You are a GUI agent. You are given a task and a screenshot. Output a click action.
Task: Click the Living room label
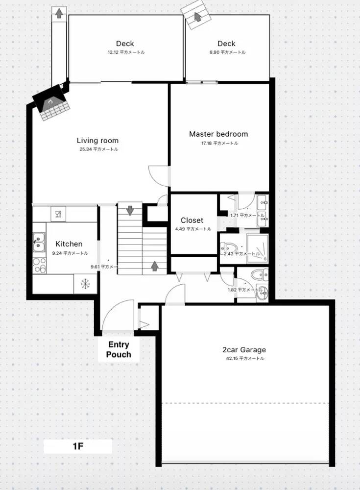coord(97,141)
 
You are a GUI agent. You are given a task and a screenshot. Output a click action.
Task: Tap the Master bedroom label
coord(218,134)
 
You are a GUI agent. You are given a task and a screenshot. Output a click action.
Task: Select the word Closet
coord(192,220)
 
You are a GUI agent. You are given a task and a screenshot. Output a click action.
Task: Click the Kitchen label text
coord(69,244)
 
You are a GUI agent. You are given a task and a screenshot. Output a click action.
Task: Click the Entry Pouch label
coord(119,349)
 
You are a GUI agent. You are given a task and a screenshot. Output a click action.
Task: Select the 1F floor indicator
coord(78,447)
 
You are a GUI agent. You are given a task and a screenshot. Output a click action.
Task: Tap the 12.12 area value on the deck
coord(125,52)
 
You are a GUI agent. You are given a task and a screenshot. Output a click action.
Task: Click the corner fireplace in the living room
coord(50,103)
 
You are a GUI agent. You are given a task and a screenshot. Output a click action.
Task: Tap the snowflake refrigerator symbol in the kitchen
coord(85,283)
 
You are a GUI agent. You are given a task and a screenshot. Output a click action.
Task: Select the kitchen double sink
coord(38,241)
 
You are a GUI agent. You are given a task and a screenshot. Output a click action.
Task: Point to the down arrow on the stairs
coord(130,210)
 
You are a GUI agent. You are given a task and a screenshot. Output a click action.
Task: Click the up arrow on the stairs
coord(154,266)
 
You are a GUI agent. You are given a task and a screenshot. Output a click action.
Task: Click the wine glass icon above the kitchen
coord(58,213)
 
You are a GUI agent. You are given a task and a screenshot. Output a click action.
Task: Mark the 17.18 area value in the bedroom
coord(219,144)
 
